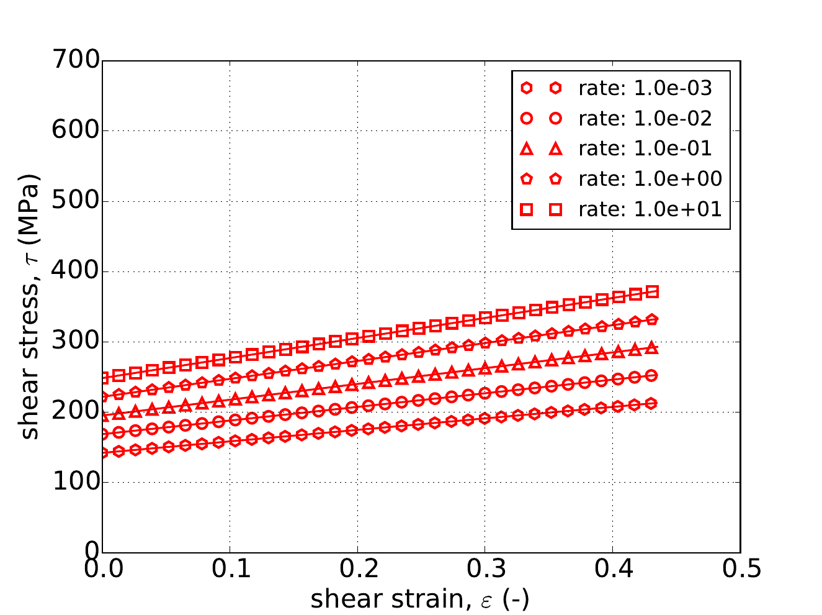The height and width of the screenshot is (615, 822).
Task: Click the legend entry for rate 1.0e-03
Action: coord(645,88)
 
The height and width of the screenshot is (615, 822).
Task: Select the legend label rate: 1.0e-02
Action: coord(645,118)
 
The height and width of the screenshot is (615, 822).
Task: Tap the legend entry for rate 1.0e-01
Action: coord(645,148)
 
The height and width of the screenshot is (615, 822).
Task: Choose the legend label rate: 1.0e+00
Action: coord(650,179)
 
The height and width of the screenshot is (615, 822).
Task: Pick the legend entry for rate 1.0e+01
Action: coord(650,209)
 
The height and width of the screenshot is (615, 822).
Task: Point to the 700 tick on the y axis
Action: coord(76,60)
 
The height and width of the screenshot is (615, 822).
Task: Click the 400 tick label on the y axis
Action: coord(76,271)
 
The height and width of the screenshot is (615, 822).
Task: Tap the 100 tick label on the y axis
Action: coord(76,482)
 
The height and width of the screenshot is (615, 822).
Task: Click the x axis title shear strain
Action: coord(420,599)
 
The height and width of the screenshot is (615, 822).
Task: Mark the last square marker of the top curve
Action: coord(652,291)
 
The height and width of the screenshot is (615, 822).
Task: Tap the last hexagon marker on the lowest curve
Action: coord(652,403)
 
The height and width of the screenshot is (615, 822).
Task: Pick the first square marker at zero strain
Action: coord(103,377)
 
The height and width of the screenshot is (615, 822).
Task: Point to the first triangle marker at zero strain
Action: coord(103,416)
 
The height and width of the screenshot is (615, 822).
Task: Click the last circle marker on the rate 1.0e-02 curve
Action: coord(652,375)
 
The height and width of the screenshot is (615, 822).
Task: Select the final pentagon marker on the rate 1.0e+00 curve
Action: coord(652,319)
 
